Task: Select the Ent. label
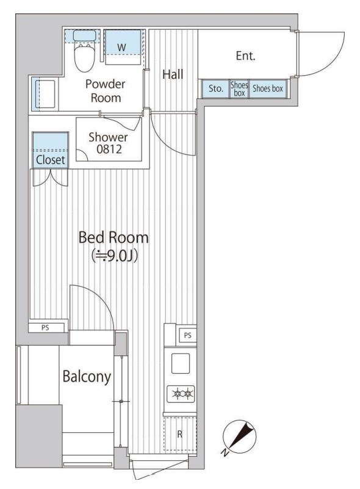pos(246,56)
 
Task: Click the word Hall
pos(173,74)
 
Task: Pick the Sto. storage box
pos(215,89)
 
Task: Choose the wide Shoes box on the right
pos(267,89)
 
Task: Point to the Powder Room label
pos(106,91)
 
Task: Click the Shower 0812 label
pos(109,143)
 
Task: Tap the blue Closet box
pos(50,150)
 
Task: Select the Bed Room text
pos(113,237)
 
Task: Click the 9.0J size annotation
pos(113,256)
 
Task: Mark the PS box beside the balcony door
pos(46,328)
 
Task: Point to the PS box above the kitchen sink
pos(187,335)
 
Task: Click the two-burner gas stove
pos(181,394)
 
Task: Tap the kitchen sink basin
pos(181,363)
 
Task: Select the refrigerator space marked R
pos(180,434)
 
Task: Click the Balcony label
pos(87,377)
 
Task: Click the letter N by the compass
pos(225,452)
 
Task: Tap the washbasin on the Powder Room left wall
pos(45,95)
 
